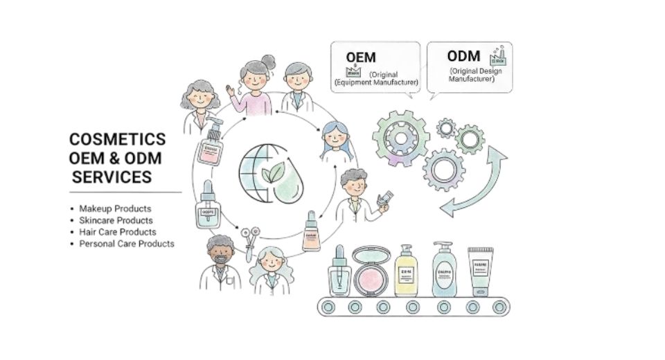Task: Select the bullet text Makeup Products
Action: pos(115,208)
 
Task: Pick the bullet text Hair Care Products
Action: pos(118,232)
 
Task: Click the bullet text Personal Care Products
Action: pos(127,244)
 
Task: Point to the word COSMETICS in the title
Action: pos(117,138)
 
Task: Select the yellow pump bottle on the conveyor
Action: pos(405,271)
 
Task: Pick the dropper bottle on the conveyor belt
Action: pos(338,273)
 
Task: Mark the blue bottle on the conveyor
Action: pos(443,270)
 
